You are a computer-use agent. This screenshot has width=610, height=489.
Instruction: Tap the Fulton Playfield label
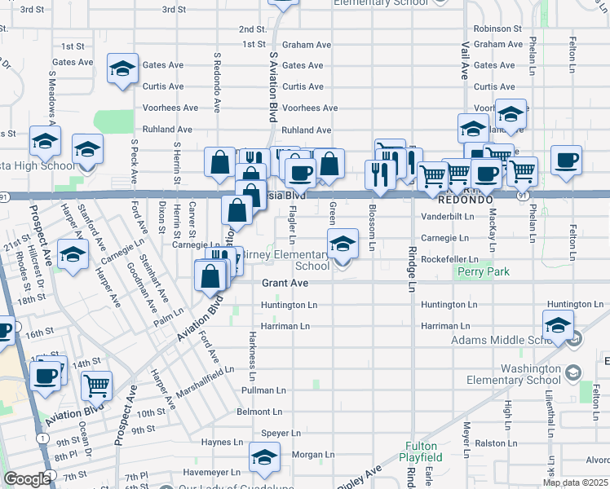(x=422, y=452)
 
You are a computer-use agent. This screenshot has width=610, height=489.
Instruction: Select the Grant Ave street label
(x=285, y=284)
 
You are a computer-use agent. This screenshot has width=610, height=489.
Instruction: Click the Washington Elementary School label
(x=531, y=374)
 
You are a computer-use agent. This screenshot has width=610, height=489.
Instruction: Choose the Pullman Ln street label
(x=262, y=391)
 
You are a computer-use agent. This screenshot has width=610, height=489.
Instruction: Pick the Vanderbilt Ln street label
(x=448, y=217)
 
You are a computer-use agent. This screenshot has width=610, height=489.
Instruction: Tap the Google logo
(x=26, y=479)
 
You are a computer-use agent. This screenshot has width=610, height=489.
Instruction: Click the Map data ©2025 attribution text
(x=574, y=482)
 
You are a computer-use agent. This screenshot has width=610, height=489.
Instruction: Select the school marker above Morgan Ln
(x=264, y=459)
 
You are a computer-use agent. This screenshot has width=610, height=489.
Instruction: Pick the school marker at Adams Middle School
(x=558, y=325)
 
